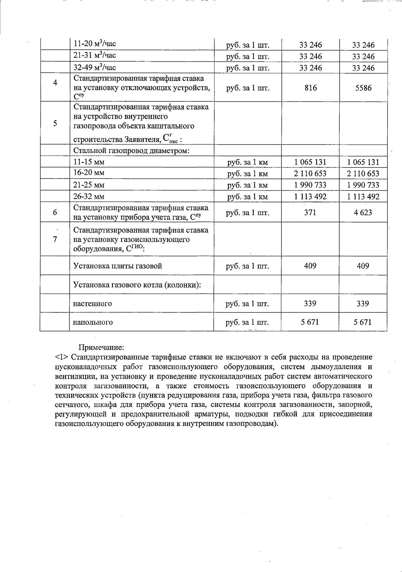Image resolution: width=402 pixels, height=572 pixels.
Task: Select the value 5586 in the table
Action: point(363,88)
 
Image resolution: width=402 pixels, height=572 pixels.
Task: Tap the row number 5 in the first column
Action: point(55,123)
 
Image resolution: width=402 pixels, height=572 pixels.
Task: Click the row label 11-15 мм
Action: point(89,162)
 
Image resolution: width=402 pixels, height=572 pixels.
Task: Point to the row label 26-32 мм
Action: point(89,197)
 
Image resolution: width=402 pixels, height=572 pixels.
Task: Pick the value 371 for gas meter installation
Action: point(310,212)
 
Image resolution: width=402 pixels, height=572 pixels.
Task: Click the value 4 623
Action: point(363,212)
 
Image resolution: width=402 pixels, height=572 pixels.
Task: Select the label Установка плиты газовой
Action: point(118,266)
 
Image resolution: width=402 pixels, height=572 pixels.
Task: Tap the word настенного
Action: point(92,304)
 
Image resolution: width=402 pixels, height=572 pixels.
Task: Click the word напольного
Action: point(93,322)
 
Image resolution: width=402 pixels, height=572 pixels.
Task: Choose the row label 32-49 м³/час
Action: point(95,67)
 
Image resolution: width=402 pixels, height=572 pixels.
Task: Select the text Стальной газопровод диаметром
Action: point(132,151)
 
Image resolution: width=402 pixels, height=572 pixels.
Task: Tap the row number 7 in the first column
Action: point(55,239)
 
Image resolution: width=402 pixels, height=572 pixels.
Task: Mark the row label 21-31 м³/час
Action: point(95,55)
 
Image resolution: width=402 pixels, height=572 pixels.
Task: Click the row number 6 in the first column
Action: point(55,212)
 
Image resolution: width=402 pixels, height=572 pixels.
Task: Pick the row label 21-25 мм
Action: point(89,185)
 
